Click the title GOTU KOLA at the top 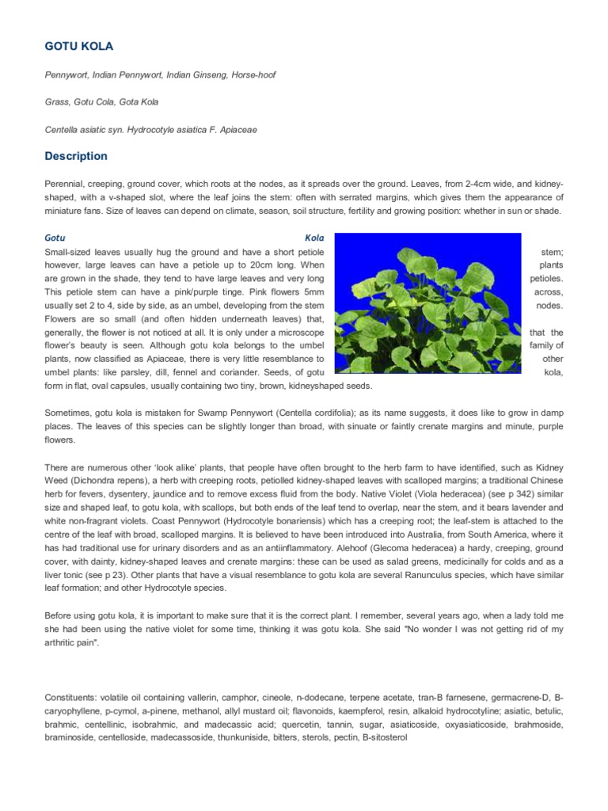click(x=79, y=47)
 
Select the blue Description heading click(x=76, y=156)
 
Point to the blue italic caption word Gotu click(x=55, y=238)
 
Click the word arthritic click(x=64, y=642)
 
